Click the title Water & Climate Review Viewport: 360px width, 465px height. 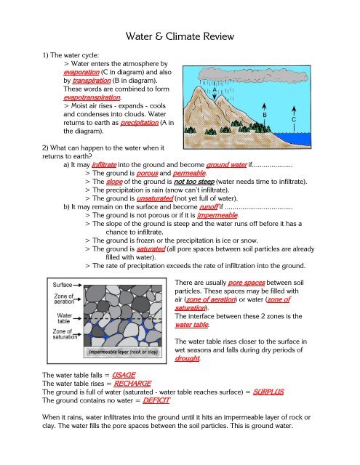coord(180,35)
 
